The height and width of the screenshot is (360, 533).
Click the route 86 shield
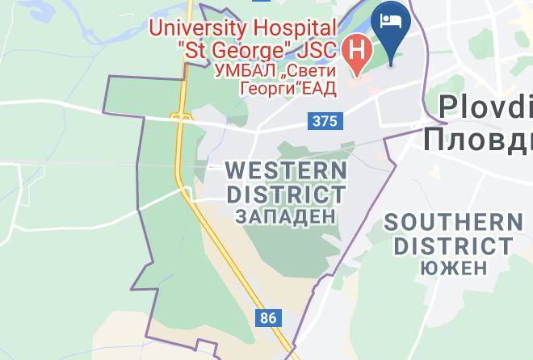268,317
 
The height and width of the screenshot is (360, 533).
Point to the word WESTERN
286,170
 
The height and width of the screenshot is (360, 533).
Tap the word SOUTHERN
453,223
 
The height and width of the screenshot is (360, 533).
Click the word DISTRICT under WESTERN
286,194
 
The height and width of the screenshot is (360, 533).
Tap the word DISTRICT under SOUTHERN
453,245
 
